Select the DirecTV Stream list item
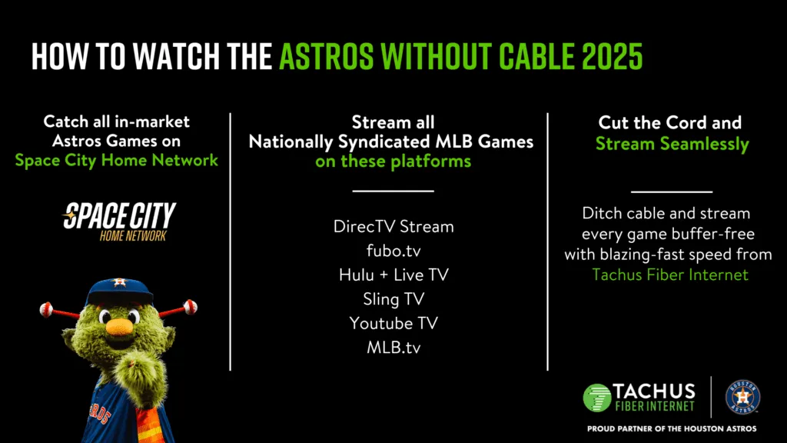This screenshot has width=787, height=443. pos(393,227)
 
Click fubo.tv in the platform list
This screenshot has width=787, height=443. pos(393,251)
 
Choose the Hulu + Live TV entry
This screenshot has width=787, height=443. pos(393,275)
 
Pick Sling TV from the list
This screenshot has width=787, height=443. pos(393,298)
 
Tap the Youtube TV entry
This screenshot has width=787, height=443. pos(393,322)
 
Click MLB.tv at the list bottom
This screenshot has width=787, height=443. pos(393,347)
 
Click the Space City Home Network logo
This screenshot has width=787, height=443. pos(119,221)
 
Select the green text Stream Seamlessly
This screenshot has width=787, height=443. pos(671,143)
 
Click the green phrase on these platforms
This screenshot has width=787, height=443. pos(393,162)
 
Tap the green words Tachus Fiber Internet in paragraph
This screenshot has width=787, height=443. pos(670,274)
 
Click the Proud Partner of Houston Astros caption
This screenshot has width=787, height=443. pos(671,428)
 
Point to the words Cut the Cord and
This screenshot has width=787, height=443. pos(670,122)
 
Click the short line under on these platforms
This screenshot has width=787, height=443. pos(393,191)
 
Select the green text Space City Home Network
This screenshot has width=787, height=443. pos(116,160)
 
